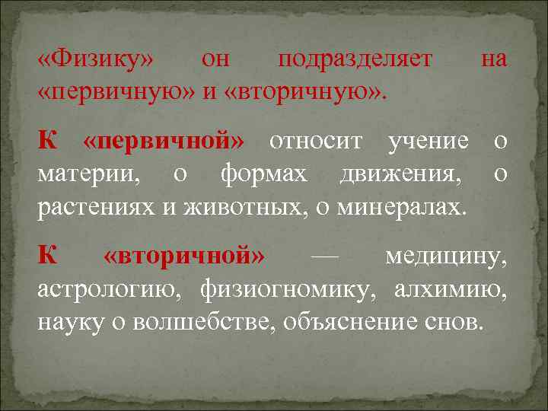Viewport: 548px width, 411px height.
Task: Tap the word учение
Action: click(x=428, y=142)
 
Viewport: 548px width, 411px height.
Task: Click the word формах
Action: click(x=263, y=175)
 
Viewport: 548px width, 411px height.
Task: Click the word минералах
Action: click(x=406, y=207)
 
